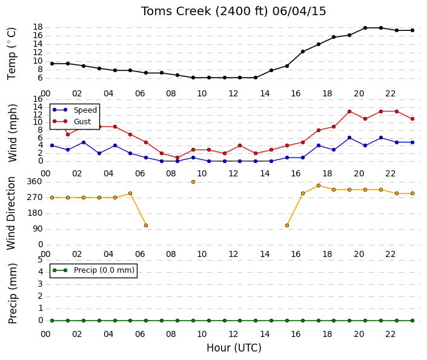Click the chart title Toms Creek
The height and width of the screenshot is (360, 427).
(x=176, y=12)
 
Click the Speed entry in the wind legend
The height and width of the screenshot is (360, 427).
(x=85, y=110)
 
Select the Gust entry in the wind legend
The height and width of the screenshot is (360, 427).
(x=82, y=122)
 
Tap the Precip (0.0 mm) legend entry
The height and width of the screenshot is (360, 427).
(x=104, y=270)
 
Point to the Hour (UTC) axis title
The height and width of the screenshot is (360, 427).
(x=234, y=348)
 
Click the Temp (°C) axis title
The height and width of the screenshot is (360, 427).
(x=12, y=53)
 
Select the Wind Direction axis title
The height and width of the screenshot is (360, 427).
(x=11, y=213)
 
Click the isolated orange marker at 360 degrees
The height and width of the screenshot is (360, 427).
(x=193, y=182)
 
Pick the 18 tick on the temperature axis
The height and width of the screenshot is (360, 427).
(x=38, y=27)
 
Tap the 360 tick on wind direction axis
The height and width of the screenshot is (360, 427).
(x=35, y=181)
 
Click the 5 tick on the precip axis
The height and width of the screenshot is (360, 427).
(x=41, y=259)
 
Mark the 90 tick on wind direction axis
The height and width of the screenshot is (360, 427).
(x=38, y=228)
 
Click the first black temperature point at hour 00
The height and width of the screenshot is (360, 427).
(x=52, y=64)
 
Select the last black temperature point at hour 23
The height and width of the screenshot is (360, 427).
(x=412, y=30)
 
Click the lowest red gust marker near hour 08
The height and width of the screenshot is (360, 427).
(x=177, y=158)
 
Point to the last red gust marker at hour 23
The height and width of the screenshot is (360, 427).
(x=412, y=119)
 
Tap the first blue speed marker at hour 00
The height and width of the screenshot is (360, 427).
(x=52, y=145)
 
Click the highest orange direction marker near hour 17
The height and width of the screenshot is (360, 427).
(x=319, y=185)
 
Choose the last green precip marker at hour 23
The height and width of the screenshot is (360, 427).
(x=412, y=321)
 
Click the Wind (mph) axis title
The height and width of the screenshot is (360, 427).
(x=13, y=133)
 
